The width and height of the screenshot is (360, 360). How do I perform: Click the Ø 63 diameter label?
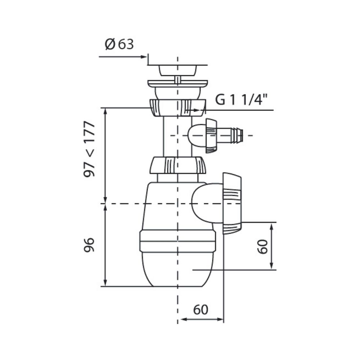pyautogui.click(x=119, y=44)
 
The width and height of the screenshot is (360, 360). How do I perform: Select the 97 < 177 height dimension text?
pyautogui.click(x=89, y=149)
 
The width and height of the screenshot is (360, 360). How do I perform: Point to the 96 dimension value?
pyautogui.click(x=89, y=245)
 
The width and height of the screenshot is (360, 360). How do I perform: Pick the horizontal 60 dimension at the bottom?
pyautogui.click(x=201, y=310)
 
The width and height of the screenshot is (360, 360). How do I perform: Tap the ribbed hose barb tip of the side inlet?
pyautogui.click(x=237, y=135)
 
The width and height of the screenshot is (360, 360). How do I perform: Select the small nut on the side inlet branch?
pyautogui.click(x=211, y=136)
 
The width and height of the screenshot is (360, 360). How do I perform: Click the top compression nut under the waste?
pyautogui.click(x=177, y=108)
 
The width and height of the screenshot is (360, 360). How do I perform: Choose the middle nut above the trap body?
pyautogui.click(x=177, y=165)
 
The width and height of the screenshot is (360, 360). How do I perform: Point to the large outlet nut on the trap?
pyautogui.click(x=232, y=203)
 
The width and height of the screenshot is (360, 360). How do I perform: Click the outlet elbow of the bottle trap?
pyautogui.click(x=207, y=203)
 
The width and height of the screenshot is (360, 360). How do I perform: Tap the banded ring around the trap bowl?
pyautogui.click(x=177, y=241)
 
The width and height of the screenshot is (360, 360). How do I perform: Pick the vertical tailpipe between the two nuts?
pyautogui.click(x=177, y=136)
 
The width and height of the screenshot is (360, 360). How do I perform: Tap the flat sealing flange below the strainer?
pyautogui.click(x=177, y=84)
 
